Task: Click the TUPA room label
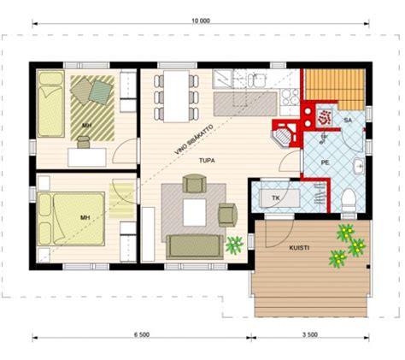pyautogui.click(x=206, y=160)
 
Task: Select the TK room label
pyautogui.click(x=275, y=198)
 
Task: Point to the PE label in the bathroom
pyautogui.click(x=325, y=160)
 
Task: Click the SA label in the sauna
pyautogui.click(x=348, y=121)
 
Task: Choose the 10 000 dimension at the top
pyautogui.click(x=202, y=19)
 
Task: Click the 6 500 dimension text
pyautogui.click(x=142, y=334)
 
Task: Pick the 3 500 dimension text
pyautogui.click(x=310, y=334)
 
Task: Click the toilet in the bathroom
pyautogui.click(x=349, y=200)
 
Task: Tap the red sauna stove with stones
pyautogui.click(x=326, y=114)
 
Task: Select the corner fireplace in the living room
pyautogui.click(x=285, y=133)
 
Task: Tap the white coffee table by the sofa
pyautogui.click(x=195, y=210)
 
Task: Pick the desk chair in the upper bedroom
pyautogui.click(x=84, y=143)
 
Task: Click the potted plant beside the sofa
pyautogui.click(x=232, y=246)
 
